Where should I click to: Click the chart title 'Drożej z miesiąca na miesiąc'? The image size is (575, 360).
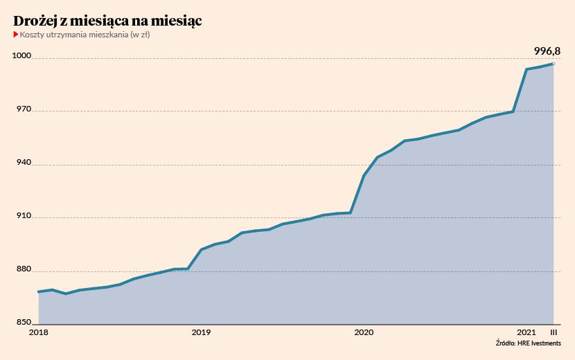[x=107, y=21]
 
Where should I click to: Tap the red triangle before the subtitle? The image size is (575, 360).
[x=16, y=35]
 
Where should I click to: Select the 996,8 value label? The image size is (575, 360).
[x=547, y=51]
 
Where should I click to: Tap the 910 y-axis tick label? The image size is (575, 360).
[x=24, y=216]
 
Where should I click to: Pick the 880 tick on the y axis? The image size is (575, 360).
[x=24, y=269]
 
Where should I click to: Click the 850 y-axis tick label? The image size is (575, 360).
[x=24, y=322]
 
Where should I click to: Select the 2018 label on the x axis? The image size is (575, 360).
[x=38, y=333]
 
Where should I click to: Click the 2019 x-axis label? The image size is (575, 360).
[x=201, y=333]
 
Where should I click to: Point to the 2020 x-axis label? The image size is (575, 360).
[x=364, y=333]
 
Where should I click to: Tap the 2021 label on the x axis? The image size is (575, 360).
[x=527, y=333]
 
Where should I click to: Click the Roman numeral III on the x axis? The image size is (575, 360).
[x=552, y=333]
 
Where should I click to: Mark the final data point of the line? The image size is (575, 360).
[x=553, y=64]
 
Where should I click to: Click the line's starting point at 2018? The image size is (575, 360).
[x=39, y=291]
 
